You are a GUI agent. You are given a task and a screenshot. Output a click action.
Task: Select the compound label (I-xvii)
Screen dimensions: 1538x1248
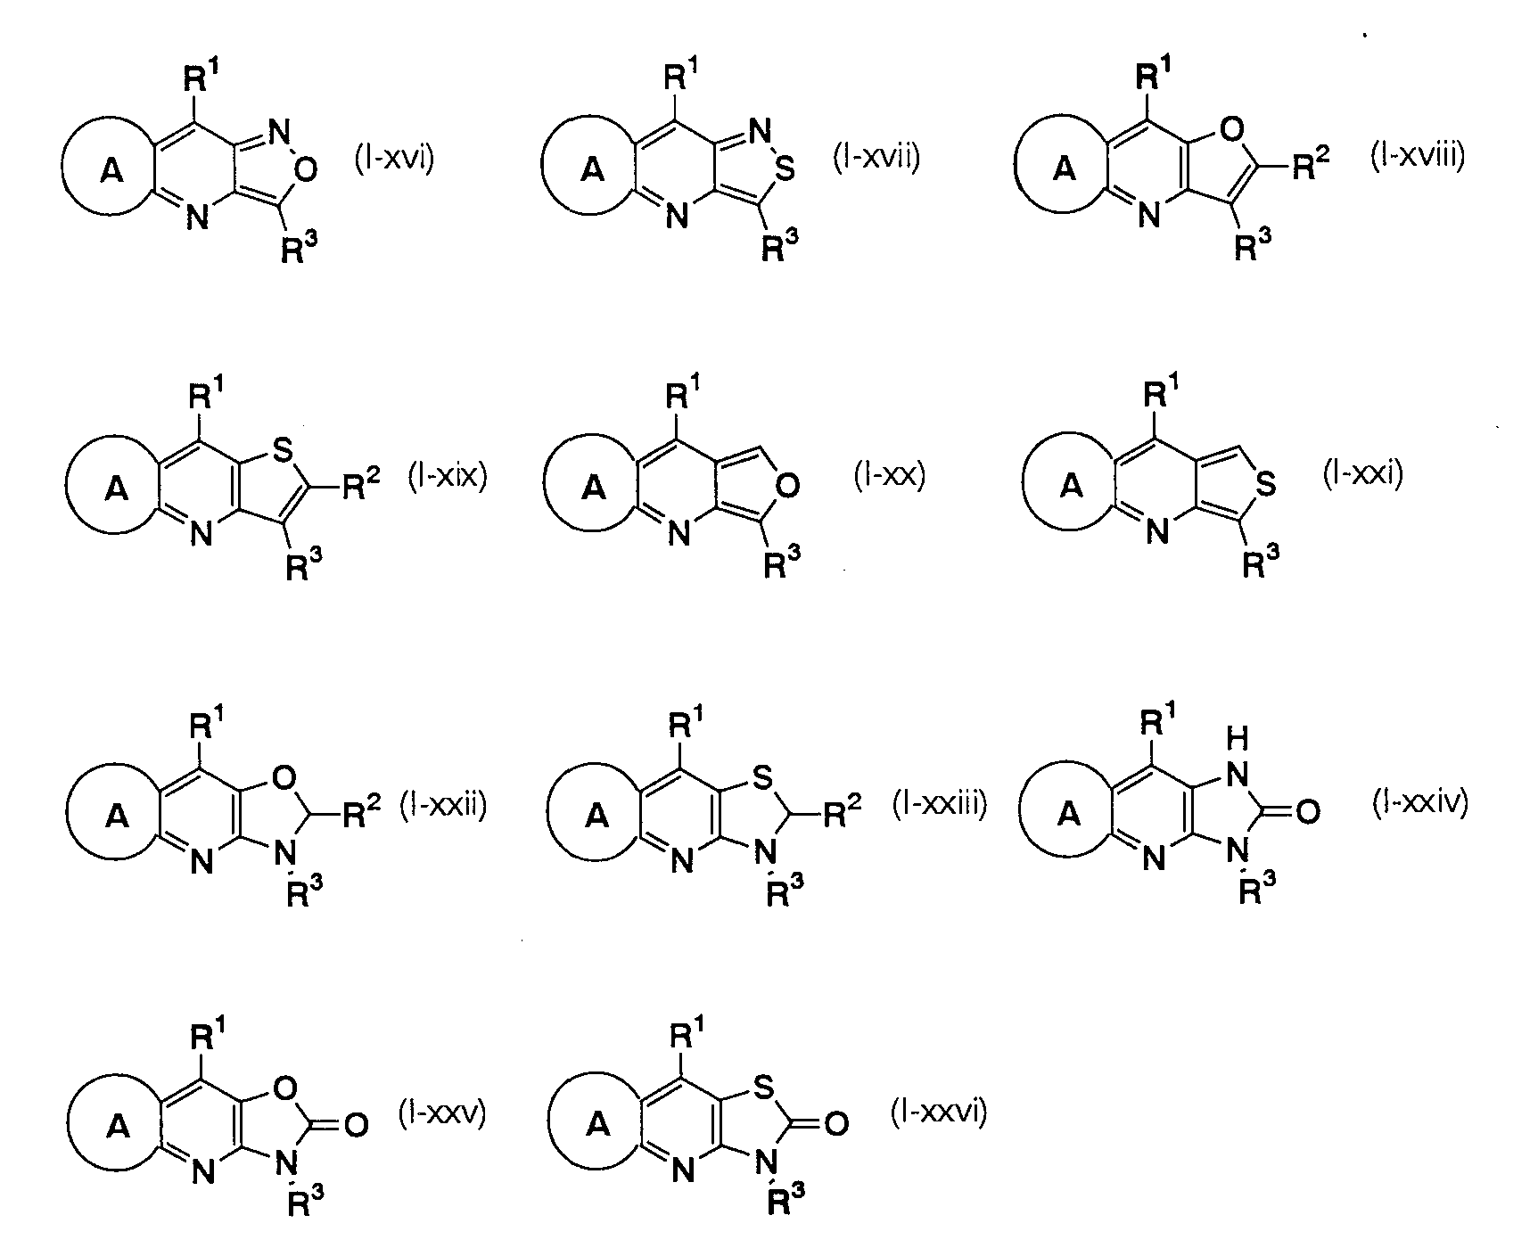(876, 158)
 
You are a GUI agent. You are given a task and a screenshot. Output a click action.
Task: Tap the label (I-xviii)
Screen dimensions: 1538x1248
(1417, 157)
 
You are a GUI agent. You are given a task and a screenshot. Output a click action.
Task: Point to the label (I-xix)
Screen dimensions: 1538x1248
(447, 476)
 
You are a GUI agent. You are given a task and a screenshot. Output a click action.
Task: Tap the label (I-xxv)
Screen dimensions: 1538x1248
(443, 1114)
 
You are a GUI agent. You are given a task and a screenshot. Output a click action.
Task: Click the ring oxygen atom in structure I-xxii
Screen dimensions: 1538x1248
(285, 781)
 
